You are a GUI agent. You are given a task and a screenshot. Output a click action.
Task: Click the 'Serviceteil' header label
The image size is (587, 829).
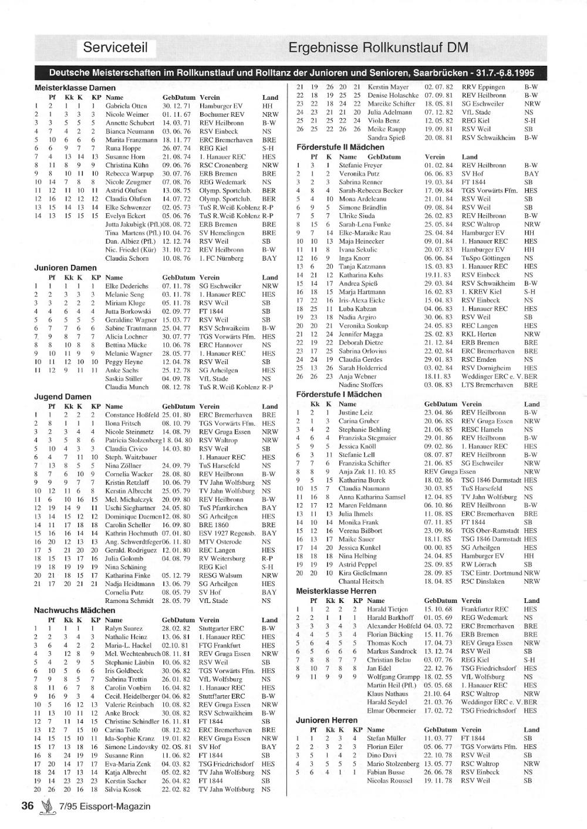(x=115, y=48)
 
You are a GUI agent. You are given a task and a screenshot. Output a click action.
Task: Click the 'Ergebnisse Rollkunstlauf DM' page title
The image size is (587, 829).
(x=378, y=48)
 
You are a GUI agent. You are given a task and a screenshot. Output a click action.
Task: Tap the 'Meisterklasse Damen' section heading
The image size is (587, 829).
(x=75, y=88)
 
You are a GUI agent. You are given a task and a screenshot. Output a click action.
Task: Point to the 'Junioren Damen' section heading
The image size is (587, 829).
(x=65, y=268)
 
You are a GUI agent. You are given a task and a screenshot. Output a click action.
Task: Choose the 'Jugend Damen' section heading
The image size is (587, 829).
(x=63, y=397)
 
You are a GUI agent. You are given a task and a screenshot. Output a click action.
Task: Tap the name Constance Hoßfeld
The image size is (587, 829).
(x=132, y=415)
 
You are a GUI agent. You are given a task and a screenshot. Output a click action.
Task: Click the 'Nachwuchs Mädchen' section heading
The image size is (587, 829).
(x=75, y=611)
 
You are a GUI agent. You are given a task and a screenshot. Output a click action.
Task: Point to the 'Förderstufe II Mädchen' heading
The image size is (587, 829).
(x=340, y=147)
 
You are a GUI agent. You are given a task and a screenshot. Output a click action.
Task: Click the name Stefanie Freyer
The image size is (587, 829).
(x=360, y=166)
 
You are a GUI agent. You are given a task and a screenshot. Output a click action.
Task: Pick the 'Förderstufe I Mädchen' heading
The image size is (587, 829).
(x=339, y=395)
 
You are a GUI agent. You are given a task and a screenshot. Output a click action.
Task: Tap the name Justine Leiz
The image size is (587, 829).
(x=355, y=413)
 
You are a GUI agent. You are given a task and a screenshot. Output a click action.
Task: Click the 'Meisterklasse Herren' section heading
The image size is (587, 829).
(x=336, y=591)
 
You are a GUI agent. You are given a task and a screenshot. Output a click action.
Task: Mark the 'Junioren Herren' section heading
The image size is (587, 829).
(x=326, y=720)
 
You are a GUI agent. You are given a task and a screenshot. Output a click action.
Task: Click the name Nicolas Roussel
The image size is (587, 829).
(x=389, y=781)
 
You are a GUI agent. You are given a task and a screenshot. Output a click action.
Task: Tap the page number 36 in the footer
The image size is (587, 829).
(x=28, y=806)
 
